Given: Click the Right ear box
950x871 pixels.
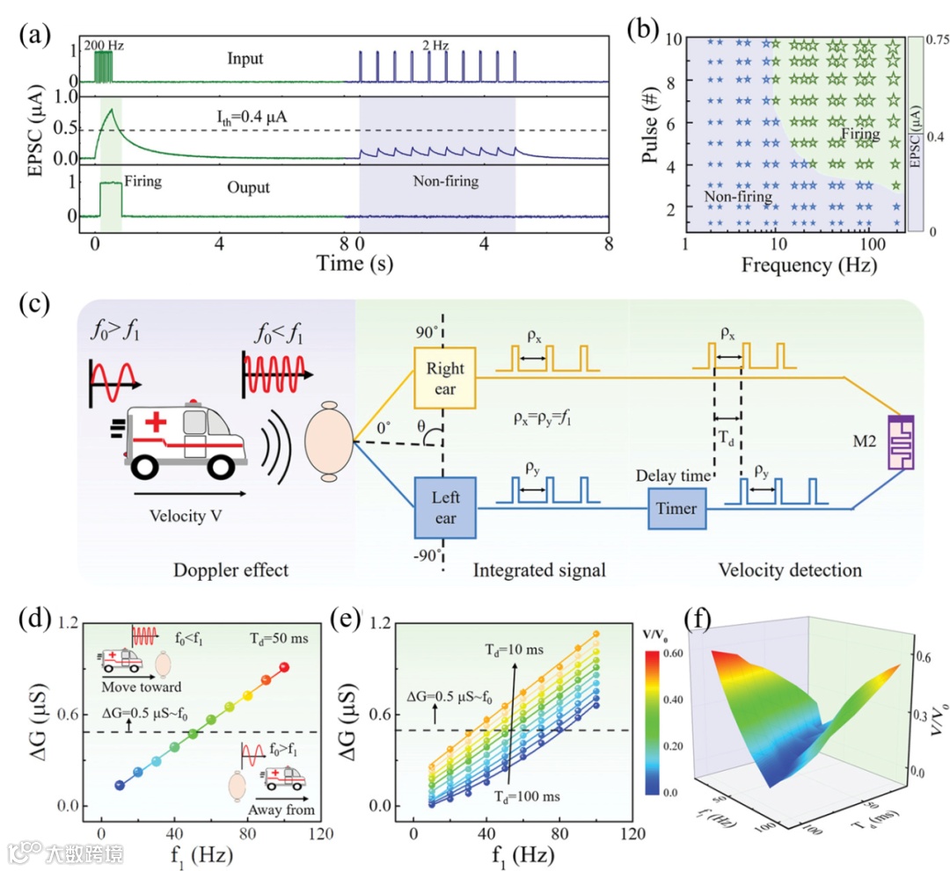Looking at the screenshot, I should (445, 378).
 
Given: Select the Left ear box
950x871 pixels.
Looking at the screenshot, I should (445, 507).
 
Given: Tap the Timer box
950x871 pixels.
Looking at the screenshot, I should (676, 508).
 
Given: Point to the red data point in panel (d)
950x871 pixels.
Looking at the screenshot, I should (283, 667).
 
